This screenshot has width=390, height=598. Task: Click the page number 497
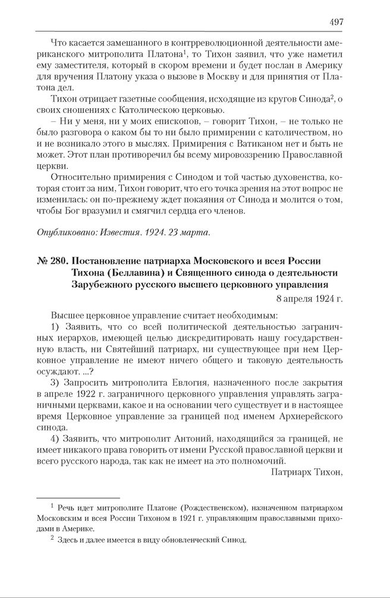(336, 22)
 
